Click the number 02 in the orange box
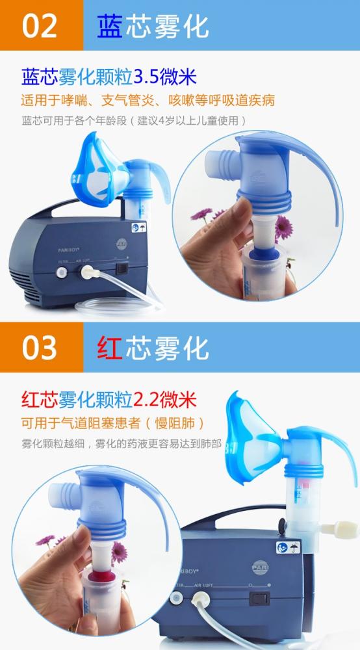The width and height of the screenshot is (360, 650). pyautogui.click(x=40, y=26)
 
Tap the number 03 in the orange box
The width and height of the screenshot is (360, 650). pyautogui.click(x=40, y=347)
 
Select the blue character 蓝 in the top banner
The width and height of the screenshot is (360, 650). pyautogui.click(x=110, y=26)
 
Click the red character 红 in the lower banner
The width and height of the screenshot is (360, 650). pyautogui.click(x=110, y=347)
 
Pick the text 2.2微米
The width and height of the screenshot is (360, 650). pyautogui.click(x=165, y=399)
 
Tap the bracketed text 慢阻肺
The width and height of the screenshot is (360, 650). pyautogui.click(x=180, y=423)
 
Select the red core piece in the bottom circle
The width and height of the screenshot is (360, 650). pyautogui.click(x=99, y=573)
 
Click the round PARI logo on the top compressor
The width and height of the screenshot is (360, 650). pyautogui.click(x=122, y=243)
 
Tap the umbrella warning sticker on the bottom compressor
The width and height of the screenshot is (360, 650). pyautogui.click(x=289, y=548)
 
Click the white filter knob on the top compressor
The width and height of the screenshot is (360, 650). pyautogui.click(x=62, y=272)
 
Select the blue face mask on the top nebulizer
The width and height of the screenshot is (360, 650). pyautogui.click(x=98, y=170)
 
